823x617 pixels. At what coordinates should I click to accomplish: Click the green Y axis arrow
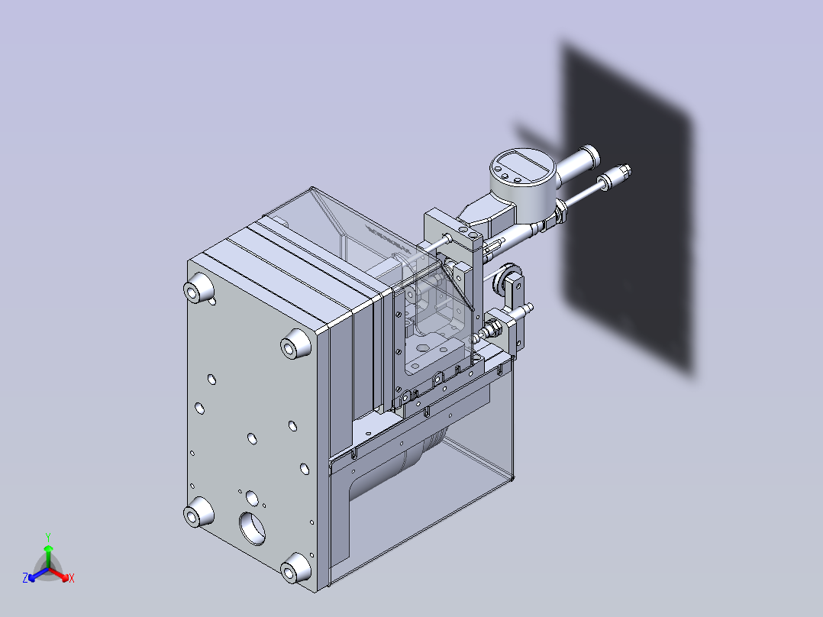point(48,557)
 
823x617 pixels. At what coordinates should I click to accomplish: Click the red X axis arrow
point(60,574)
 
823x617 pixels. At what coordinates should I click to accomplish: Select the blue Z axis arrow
point(38,574)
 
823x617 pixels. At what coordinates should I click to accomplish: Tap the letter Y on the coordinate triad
point(48,537)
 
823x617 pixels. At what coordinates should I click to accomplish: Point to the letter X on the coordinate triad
point(72,578)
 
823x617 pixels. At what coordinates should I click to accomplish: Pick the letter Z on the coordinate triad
point(25,577)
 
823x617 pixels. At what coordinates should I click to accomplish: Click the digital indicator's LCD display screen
point(521,163)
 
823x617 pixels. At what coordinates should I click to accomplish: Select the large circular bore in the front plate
point(253,528)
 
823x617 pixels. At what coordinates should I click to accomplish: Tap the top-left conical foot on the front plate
point(198,288)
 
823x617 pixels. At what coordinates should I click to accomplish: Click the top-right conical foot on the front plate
point(295,344)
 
